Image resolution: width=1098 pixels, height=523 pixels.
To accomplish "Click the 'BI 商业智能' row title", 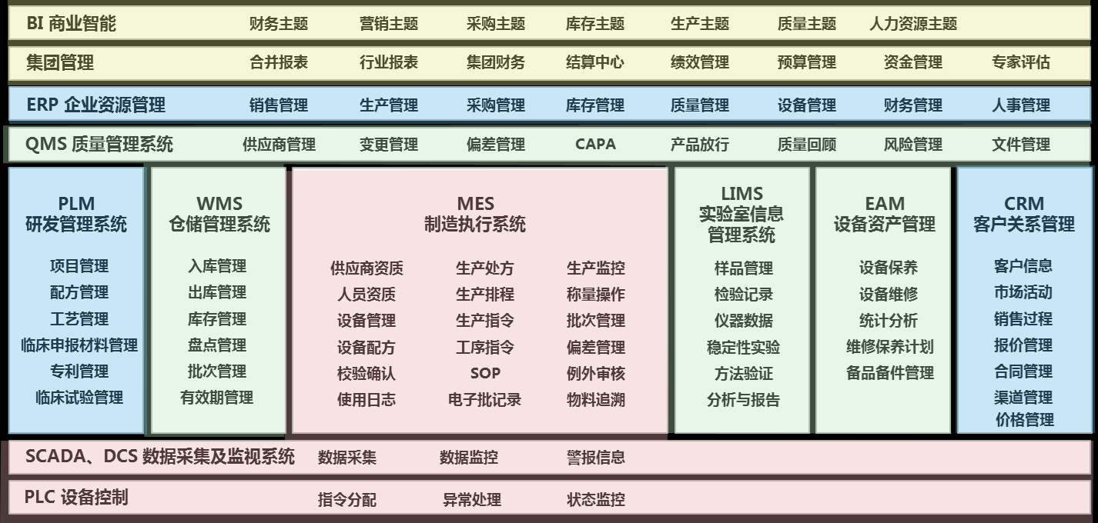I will coord(71,24).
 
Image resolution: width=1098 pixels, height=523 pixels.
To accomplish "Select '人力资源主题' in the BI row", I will coord(912,24).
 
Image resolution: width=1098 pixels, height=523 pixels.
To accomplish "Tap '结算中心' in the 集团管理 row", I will coord(594,62).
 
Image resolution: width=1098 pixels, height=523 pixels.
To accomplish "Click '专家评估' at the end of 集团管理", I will coord(1020,62).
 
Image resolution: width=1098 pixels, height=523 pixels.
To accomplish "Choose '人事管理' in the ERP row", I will coord(1020,105).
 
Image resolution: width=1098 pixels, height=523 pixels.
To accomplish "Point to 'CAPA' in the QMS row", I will coord(594,144).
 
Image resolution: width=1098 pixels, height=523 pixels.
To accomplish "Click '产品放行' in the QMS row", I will coord(699,144).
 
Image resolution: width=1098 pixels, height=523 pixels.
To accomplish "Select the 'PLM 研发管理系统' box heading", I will coord(76,215).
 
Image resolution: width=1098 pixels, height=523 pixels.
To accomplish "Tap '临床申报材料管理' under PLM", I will coord(79,345).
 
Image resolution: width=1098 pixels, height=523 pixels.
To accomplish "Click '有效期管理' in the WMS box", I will coord(216,398).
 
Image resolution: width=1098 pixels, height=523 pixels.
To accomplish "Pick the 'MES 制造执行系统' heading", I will coord(475,215).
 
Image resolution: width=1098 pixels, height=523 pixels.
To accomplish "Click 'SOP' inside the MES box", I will coord(485,373).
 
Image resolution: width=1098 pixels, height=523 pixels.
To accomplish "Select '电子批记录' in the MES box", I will coord(484,399).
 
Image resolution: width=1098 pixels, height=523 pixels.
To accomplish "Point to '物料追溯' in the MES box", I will coord(595,399).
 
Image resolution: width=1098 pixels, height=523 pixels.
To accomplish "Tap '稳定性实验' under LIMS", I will coord(743,347).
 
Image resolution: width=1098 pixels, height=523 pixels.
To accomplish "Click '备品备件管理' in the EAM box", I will coord(889,373).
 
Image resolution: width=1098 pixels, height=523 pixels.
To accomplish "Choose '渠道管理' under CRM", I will coord(1023,398).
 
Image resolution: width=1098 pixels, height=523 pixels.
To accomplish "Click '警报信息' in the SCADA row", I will coord(595,458).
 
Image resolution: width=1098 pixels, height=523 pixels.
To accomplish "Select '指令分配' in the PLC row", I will coord(346,499).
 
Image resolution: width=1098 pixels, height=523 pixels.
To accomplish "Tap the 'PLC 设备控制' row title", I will coord(76,498).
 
